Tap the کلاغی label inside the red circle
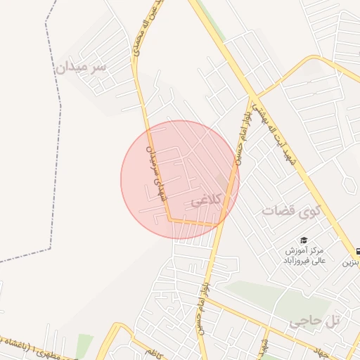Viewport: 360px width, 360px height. click(x=205, y=200)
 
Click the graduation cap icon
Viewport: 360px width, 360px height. click(x=304, y=240)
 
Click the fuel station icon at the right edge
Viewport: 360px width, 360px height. click(x=357, y=250)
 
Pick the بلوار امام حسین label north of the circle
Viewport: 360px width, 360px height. click(x=241, y=129)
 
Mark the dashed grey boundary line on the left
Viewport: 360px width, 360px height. click(x=49, y=141)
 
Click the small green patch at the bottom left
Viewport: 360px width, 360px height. click(x=84, y=345)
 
